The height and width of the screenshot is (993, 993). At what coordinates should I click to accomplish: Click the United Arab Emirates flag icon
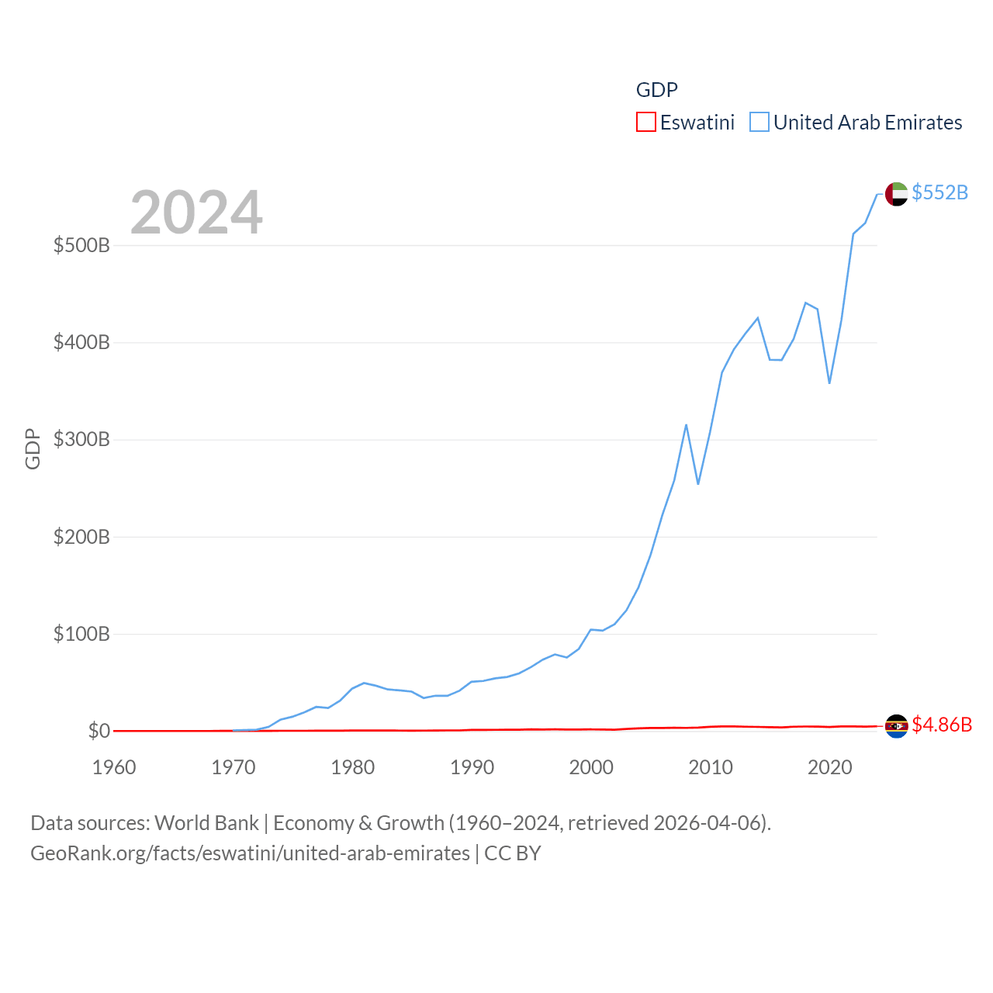896,193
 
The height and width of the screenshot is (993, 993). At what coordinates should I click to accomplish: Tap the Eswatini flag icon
896,726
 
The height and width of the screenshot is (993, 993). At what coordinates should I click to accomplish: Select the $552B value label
939,192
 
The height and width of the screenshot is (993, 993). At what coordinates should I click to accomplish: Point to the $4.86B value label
942,725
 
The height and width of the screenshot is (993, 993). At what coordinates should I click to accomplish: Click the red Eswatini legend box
645,123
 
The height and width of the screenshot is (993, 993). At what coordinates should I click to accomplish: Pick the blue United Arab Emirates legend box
759,123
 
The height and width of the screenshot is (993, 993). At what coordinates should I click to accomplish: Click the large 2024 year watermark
196,213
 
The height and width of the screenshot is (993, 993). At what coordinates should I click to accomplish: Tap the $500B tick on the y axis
81,246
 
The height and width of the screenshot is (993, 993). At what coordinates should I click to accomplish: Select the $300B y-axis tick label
81,440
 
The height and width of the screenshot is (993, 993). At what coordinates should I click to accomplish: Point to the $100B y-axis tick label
81,635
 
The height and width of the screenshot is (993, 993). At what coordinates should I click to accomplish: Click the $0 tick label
99,731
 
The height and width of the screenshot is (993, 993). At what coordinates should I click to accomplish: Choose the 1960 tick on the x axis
114,767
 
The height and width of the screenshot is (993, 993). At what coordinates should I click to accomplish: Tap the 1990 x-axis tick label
472,767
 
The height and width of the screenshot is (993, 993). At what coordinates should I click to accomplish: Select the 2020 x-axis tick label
829,767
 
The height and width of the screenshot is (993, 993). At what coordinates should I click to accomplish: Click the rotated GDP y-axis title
33,448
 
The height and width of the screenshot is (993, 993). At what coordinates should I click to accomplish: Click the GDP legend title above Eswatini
656,90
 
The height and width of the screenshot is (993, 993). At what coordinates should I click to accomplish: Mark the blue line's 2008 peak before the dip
687,425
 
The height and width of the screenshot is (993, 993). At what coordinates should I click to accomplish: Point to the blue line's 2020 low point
829,382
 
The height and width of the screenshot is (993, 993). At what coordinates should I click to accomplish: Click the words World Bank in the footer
206,823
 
